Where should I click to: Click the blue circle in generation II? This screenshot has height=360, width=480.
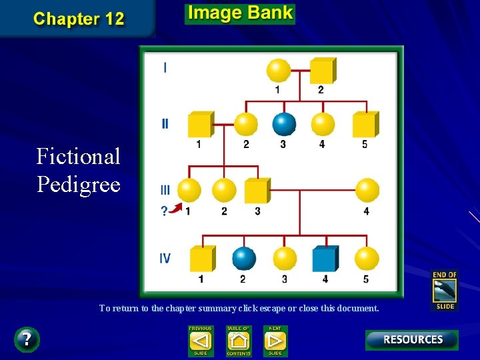pos(284,123)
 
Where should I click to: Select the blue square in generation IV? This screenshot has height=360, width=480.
pos(325,259)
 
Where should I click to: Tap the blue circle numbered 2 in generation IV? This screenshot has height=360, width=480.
pos(244,259)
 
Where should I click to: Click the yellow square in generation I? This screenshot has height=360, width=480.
pos(322,71)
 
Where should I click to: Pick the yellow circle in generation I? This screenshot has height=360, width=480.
pos(278,70)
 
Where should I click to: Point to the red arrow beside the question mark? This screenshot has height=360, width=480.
pos(175,209)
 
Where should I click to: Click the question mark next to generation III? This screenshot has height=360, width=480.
pos(164,212)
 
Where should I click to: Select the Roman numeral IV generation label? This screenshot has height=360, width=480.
pos(165,258)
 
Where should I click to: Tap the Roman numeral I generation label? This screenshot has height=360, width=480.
pos(165,67)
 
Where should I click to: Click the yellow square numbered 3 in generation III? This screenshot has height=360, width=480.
pos(257,191)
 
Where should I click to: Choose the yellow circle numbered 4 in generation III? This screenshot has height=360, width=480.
pos(367,190)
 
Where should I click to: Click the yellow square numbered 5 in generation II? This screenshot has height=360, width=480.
pos(364,125)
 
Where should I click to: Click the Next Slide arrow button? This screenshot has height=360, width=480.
pos(275,341)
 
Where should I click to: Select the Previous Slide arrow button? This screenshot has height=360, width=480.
pos(200,341)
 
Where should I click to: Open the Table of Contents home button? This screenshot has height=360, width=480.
pos(238,341)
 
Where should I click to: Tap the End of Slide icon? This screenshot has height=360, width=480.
pos(445,291)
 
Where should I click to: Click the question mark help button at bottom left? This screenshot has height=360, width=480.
pos(27,339)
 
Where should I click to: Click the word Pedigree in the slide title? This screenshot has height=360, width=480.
pos(79,184)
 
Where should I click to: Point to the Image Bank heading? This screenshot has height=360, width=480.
pos(240,13)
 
